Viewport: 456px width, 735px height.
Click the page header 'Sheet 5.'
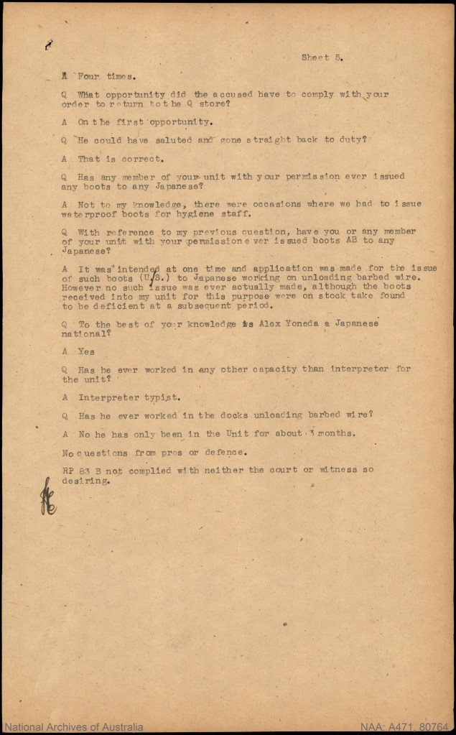point(321,57)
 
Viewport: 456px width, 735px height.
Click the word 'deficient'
point(103,305)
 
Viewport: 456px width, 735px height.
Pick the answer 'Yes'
point(86,351)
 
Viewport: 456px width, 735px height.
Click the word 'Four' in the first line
point(89,75)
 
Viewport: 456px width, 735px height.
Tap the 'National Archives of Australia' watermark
point(72,727)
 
